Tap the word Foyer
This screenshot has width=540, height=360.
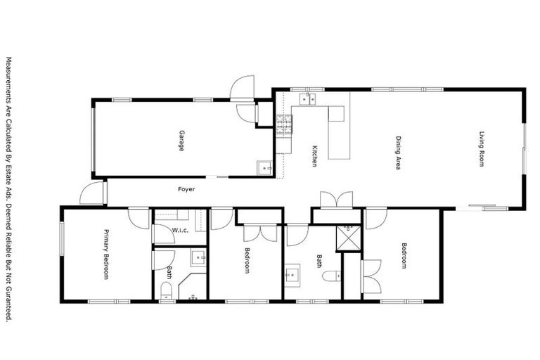pyautogui.click(x=186, y=189)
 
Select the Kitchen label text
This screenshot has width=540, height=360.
pyautogui.click(x=315, y=155)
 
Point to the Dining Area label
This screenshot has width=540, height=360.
pyautogui.click(x=397, y=153)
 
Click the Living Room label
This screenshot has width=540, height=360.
pyautogui.click(x=482, y=149)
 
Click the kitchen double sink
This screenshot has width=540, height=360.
pyautogui.click(x=307, y=99)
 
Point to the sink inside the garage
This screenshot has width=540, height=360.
pyautogui.click(x=264, y=168)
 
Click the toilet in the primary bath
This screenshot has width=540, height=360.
pyautogui.click(x=166, y=290)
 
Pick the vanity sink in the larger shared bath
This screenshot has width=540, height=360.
pyautogui.click(x=292, y=275)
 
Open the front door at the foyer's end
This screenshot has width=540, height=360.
pyautogui.click(x=92, y=193)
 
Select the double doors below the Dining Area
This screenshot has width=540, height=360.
pyautogui.click(x=336, y=199)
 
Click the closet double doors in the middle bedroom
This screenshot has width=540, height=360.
pyautogui.click(x=254, y=233)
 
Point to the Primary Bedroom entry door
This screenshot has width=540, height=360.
pyautogui.click(x=139, y=217)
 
